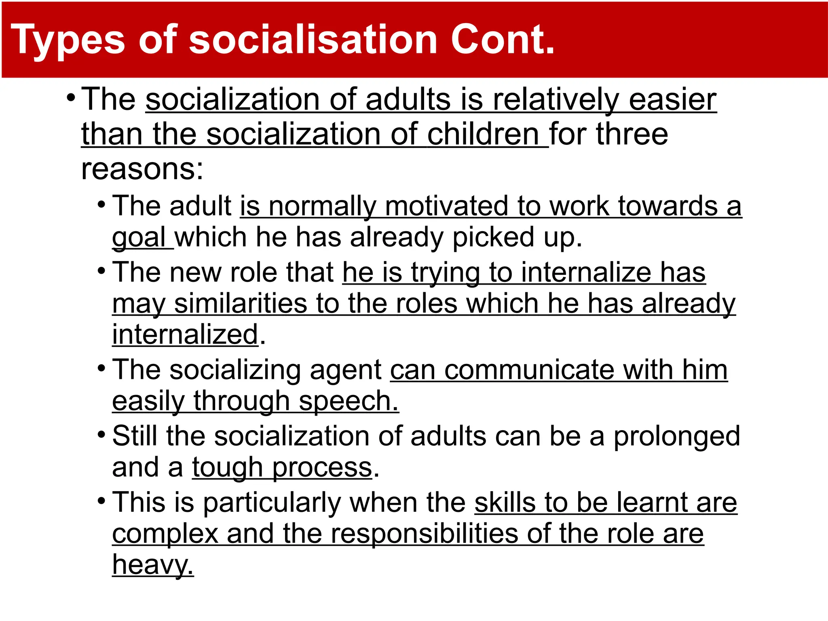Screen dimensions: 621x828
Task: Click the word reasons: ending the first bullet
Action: (142, 169)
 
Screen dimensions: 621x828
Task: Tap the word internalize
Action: (586, 272)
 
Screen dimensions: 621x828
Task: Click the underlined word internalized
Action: (185, 335)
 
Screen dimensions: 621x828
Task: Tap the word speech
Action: (349, 401)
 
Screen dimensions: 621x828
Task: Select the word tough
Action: (227, 468)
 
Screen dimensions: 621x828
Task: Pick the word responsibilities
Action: (424, 534)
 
